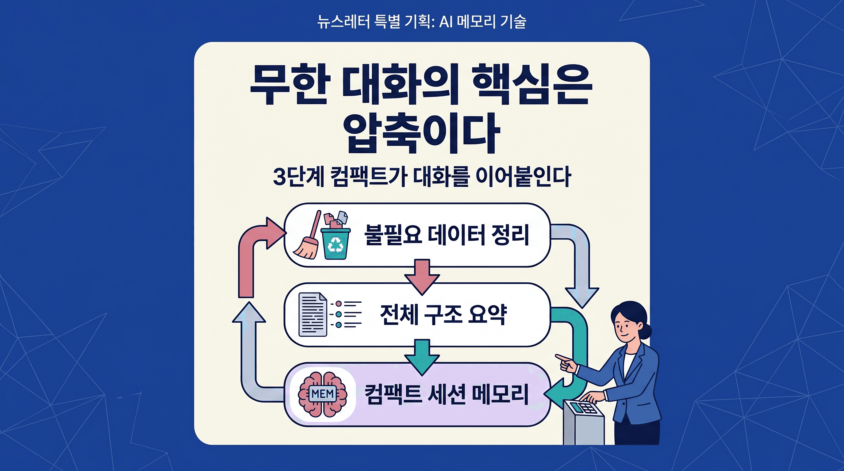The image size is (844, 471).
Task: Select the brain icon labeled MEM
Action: (x=323, y=394)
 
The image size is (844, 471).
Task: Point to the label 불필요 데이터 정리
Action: (x=447, y=235)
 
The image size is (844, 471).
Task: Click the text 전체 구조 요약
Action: (x=443, y=314)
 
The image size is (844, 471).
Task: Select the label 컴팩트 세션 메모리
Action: (x=446, y=394)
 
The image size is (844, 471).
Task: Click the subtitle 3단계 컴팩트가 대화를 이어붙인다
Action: (x=422, y=177)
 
